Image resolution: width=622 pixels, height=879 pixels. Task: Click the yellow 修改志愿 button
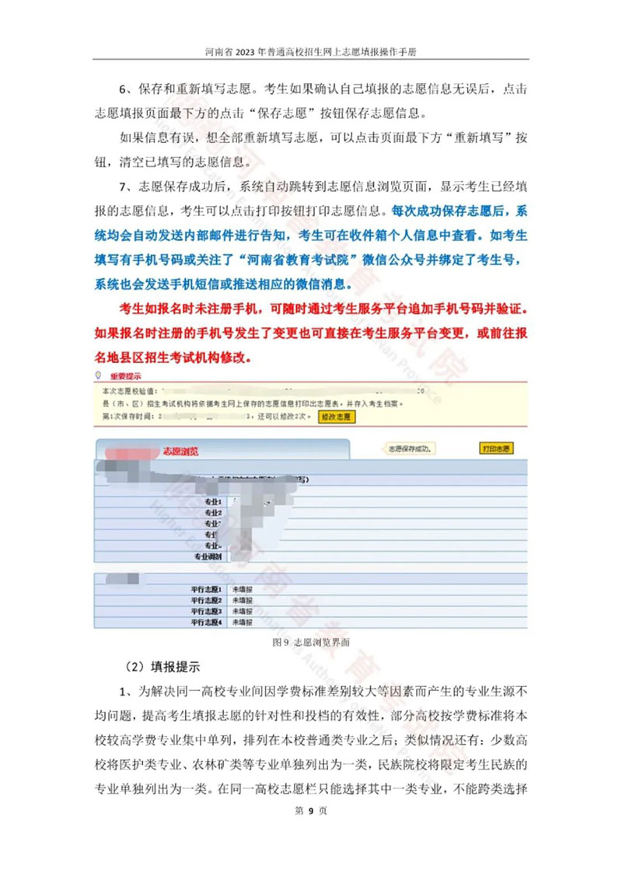(337, 417)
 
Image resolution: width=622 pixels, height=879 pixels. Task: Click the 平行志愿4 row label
(206, 623)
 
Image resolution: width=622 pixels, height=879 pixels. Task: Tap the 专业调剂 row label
(208, 557)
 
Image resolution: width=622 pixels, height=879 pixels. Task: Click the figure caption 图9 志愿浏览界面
(311, 643)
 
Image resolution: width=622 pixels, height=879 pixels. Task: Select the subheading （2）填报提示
(163, 667)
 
